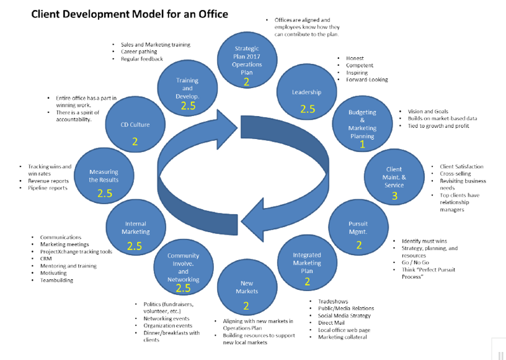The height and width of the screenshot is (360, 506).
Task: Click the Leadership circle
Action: (307, 93)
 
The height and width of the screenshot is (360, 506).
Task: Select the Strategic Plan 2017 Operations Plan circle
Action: (247, 59)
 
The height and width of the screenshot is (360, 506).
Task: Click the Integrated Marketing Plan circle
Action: (307, 263)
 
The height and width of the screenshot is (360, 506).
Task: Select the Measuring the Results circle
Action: (104, 176)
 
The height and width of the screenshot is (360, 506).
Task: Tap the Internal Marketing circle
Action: (135, 228)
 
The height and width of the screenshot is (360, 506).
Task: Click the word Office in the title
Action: (210, 13)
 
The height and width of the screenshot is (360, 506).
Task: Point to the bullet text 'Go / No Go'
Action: (414, 263)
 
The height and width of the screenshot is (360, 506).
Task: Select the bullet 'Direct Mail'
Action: (332, 323)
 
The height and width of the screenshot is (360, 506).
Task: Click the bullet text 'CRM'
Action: (47, 258)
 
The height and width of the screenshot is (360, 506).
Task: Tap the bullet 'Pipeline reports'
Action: (48, 188)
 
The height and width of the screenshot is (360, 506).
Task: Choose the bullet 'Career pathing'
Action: (140, 52)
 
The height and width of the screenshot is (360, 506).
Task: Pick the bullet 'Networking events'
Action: (167, 318)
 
